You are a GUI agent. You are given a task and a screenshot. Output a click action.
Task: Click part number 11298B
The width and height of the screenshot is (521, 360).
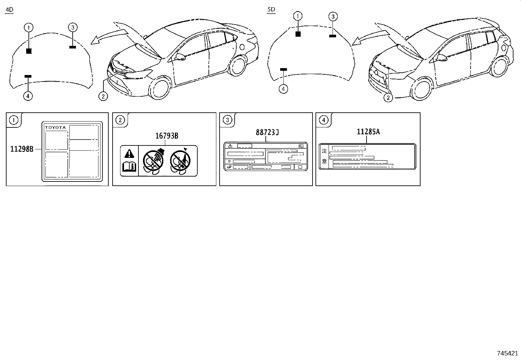(x=22, y=149)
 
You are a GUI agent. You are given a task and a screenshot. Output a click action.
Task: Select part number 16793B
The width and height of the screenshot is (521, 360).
(x=167, y=135)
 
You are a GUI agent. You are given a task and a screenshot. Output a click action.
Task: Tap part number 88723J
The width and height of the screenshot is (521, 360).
(x=267, y=132)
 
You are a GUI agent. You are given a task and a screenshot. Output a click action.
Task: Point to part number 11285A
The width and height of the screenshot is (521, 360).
(x=368, y=132)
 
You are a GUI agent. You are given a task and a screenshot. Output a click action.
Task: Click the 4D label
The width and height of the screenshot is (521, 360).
(x=9, y=10)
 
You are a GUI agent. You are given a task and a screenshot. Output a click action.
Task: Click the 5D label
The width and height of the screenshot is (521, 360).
(x=271, y=10)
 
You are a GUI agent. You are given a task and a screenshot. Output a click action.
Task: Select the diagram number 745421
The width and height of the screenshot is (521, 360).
(x=507, y=353)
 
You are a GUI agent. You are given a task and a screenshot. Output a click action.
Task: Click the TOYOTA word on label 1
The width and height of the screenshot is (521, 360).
(x=55, y=127)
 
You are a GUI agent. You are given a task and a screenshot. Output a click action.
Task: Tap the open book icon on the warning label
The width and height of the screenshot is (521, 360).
(x=129, y=166)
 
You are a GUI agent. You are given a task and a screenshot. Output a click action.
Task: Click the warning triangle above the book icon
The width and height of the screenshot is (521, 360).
(x=130, y=153)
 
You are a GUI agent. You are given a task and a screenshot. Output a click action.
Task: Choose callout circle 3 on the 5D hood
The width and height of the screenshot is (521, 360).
(x=332, y=16)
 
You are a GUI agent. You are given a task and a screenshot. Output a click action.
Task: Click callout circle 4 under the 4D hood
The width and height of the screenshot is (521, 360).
(x=28, y=96)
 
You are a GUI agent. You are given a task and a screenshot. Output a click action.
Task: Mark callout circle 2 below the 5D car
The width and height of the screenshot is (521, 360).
(x=388, y=98)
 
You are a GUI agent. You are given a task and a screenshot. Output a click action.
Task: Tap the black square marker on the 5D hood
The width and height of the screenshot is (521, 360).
(x=298, y=34)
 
